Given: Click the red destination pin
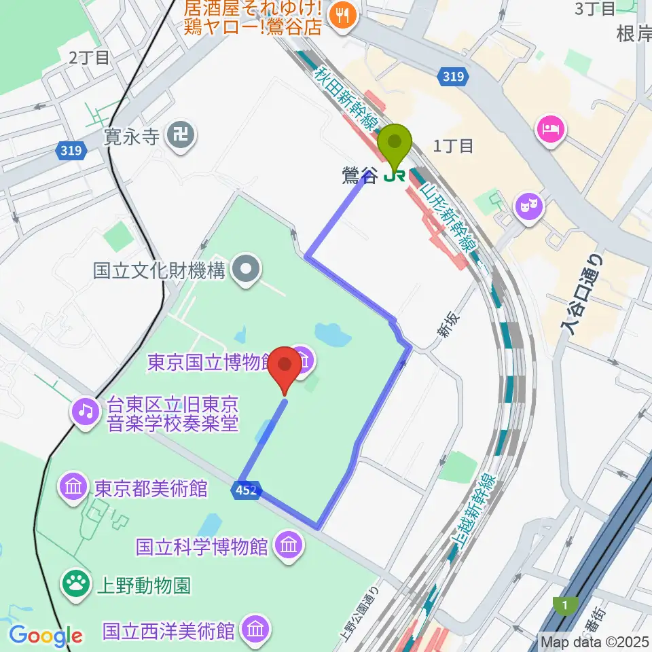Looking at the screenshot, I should coord(285,367).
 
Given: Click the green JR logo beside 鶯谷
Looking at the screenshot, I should coord(394,176).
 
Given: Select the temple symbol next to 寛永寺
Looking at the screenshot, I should coord(181,137).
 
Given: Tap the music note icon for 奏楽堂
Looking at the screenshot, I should coord(86,410).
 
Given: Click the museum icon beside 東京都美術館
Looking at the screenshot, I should coord(74,488).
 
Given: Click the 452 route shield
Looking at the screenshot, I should coord(247,490).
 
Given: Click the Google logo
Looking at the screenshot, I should coord(46,636).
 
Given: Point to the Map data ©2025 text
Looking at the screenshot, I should coord(595,641).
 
